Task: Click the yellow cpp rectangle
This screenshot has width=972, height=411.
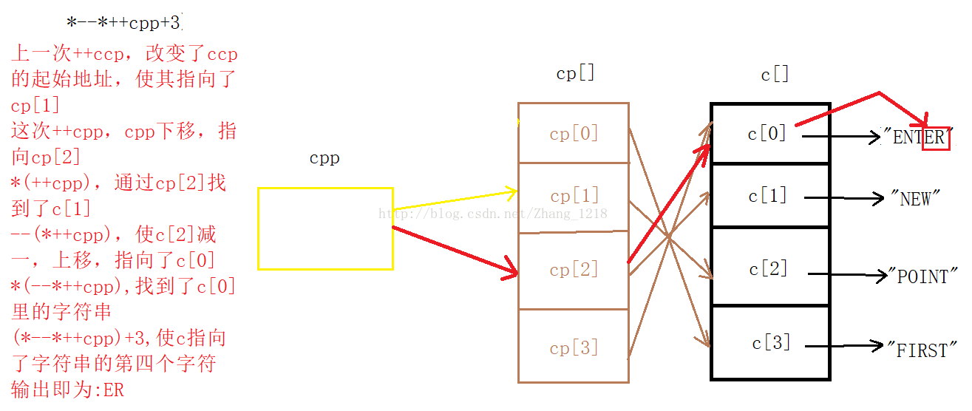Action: point(325,228)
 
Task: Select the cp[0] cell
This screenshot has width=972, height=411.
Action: point(574,134)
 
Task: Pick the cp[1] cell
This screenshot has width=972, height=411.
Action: point(574,197)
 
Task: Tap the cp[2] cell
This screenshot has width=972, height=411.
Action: point(574,271)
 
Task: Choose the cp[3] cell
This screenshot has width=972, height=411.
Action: point(574,348)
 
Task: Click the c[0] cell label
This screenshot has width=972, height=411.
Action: point(767,134)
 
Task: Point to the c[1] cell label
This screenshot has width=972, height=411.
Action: point(767,197)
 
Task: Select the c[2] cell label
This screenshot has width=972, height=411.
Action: point(769,268)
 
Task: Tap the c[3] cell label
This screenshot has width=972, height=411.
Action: point(771,343)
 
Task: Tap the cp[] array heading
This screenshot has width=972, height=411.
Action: point(575,74)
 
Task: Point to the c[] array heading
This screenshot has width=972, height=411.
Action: point(775,75)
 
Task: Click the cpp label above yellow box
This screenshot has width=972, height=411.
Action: point(324,159)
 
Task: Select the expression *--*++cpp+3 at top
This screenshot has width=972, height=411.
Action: point(123,23)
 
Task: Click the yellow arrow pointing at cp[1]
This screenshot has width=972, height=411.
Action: point(454,201)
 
